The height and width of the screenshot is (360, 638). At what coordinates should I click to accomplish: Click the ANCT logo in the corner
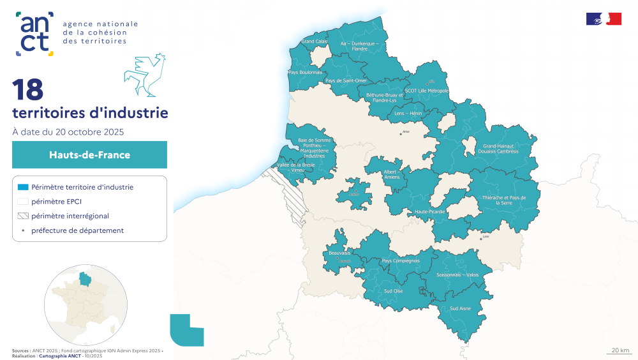coord(35,33)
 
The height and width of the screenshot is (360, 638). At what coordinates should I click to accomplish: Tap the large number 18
coord(27,90)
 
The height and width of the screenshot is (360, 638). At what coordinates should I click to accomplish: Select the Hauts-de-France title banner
coord(89,154)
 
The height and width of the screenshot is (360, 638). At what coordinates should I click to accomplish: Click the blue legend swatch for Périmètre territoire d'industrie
coord(23,187)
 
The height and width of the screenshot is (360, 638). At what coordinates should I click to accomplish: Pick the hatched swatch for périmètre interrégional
coord(23,216)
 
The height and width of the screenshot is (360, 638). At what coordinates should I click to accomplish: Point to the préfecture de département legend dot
coord(23,230)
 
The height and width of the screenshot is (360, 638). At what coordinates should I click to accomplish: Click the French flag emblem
coord(604,19)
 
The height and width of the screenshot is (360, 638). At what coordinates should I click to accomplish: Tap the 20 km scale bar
coord(619,351)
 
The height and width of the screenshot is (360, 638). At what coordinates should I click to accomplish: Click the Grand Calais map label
coord(315,41)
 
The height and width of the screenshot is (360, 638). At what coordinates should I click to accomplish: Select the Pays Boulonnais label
coord(305,73)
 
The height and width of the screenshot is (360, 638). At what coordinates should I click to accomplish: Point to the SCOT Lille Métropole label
coord(427,91)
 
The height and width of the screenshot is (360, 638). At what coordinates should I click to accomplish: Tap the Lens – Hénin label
coord(408,113)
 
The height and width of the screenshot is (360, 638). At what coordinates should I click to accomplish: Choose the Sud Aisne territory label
coord(460,308)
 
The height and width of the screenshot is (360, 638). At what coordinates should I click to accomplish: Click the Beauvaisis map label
coord(339,253)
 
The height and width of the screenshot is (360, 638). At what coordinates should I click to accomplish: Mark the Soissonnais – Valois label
coord(457,274)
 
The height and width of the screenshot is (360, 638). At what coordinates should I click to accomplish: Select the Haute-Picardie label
coord(429,211)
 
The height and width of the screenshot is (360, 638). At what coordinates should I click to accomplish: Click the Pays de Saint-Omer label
coord(346,81)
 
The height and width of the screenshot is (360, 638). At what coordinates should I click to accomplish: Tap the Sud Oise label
coord(393,291)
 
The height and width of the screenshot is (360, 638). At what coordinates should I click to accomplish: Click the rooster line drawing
coord(145,75)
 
